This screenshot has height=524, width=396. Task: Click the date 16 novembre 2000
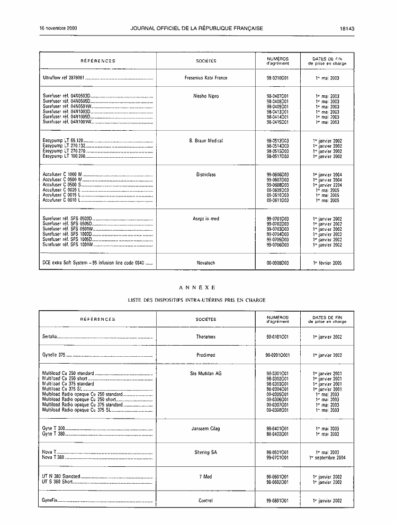59,29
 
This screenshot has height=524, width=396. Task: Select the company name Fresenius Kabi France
205,78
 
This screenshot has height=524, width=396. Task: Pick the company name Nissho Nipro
205,96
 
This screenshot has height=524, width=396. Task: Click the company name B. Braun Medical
205,141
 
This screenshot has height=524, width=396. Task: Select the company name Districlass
205,174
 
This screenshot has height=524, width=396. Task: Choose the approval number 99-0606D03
278,174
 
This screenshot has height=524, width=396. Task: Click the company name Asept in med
205,219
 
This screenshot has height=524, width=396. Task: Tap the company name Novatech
205,262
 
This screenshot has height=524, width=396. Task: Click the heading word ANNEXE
197,287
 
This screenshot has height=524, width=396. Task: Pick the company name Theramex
205,337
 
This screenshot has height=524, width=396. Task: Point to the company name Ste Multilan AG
205,373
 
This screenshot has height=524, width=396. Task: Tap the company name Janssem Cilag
205,429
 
